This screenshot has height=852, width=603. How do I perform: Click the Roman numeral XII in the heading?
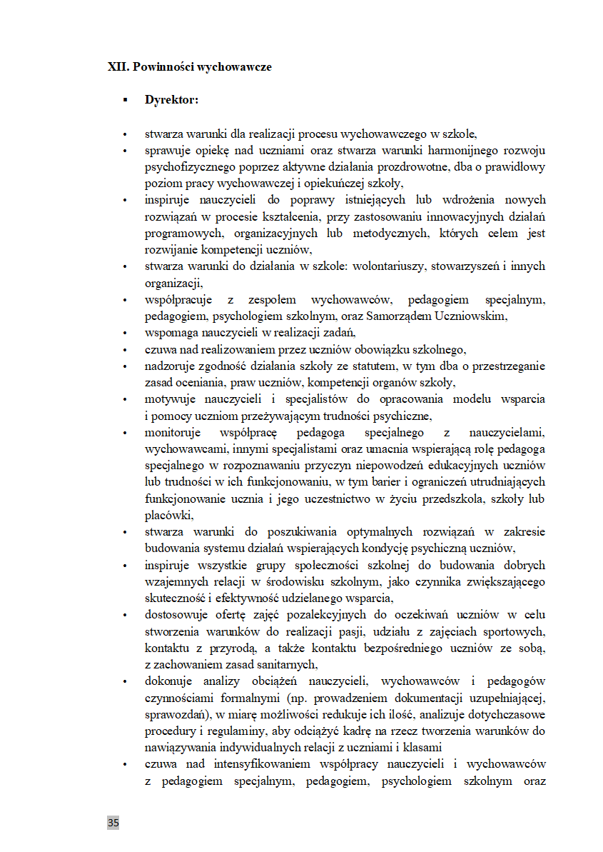pyautogui.click(x=116, y=67)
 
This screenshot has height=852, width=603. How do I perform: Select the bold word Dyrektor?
pyautogui.click(x=171, y=100)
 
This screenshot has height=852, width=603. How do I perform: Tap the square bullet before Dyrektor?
pyautogui.click(x=126, y=100)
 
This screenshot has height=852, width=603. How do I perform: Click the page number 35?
pyautogui.click(x=113, y=823)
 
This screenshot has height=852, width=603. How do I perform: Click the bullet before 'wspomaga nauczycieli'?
pyautogui.click(x=126, y=332)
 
